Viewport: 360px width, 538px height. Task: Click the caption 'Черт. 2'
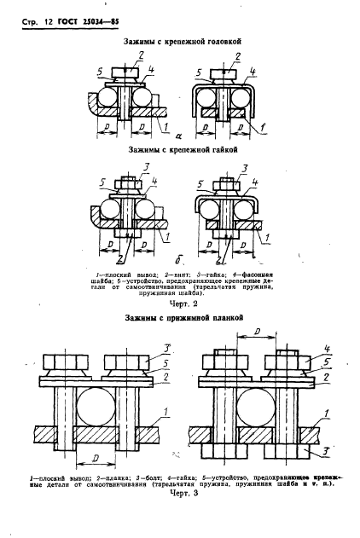coord(180,304)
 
